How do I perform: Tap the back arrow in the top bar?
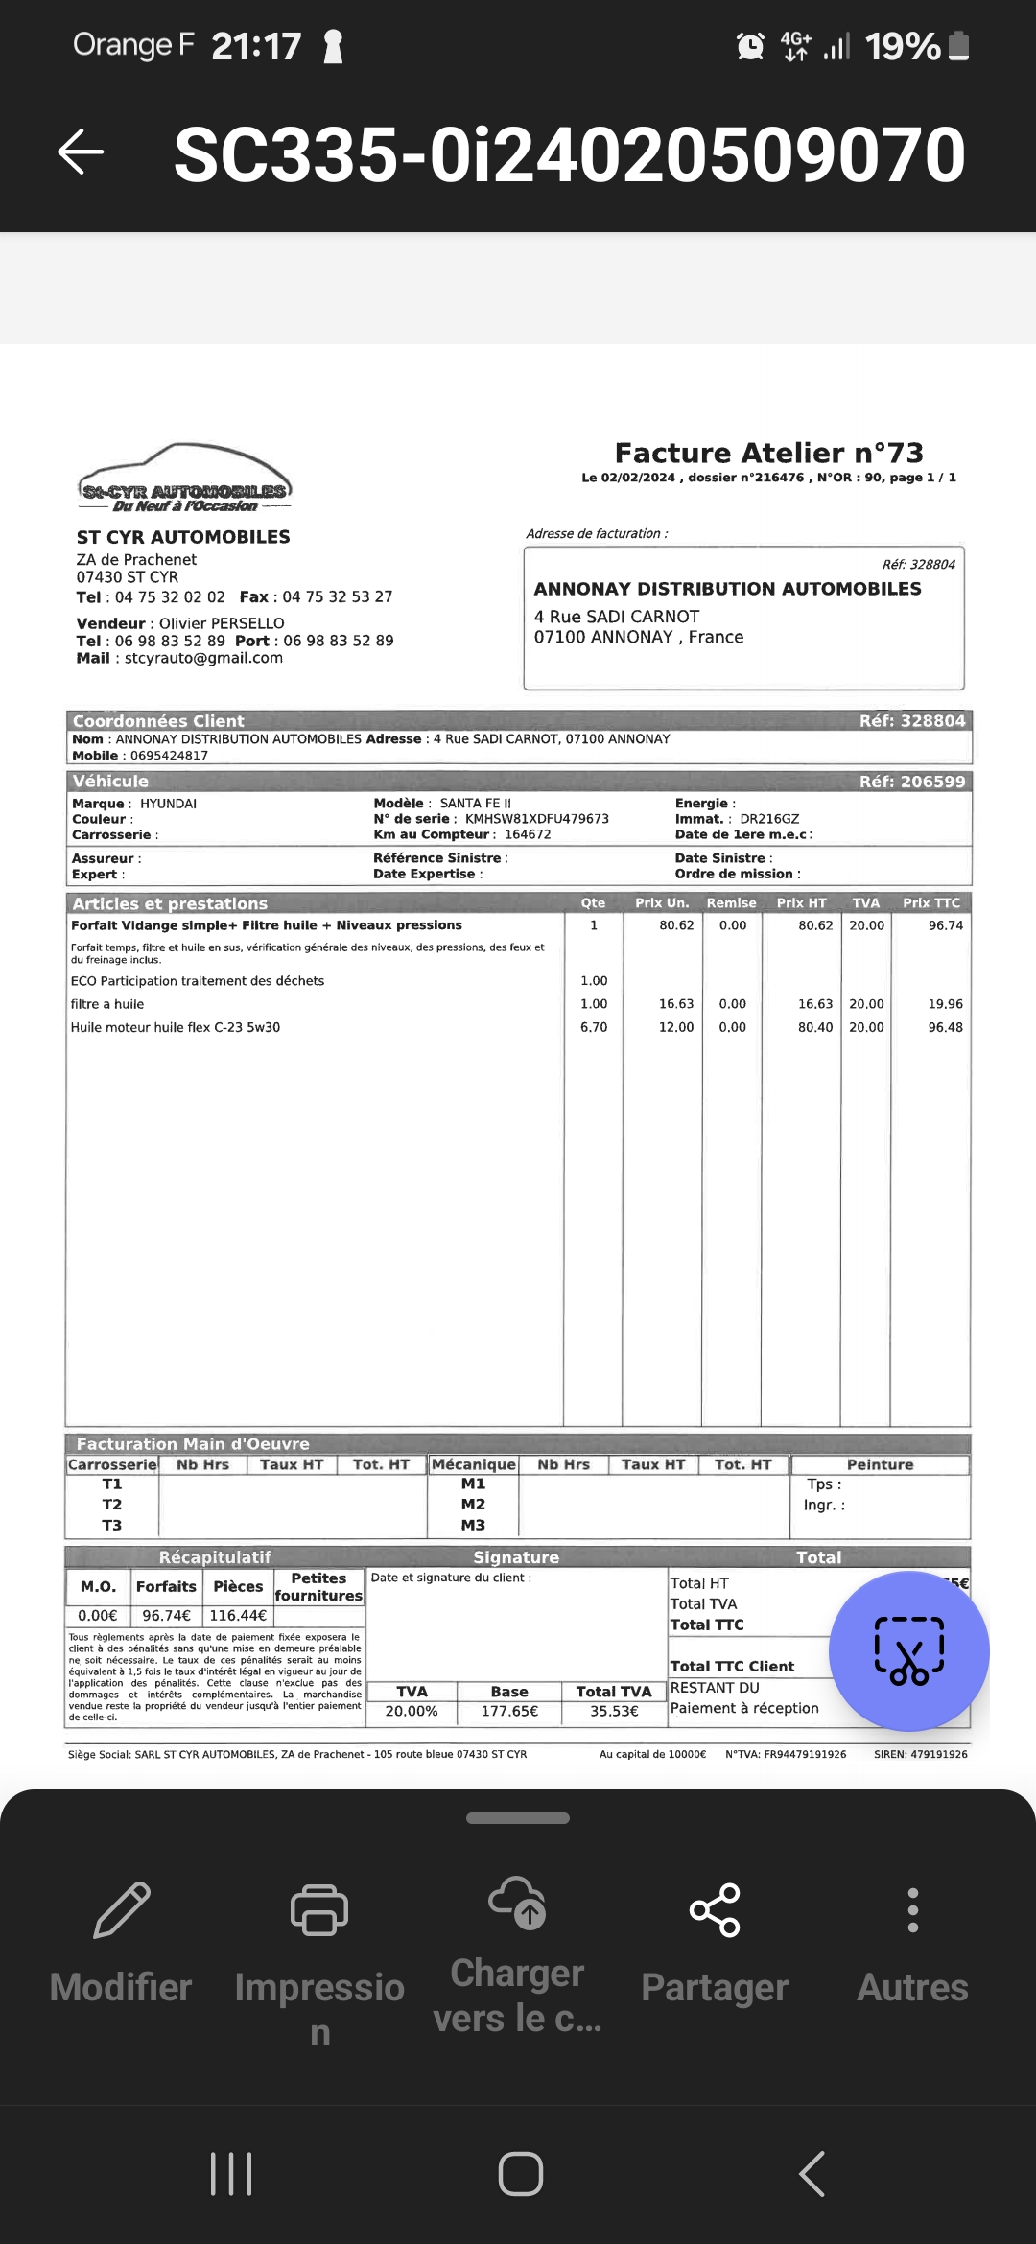81,152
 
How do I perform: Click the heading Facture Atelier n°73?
768,453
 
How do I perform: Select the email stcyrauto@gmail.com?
203,658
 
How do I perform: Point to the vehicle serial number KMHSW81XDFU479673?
536,819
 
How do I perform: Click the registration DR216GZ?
769,819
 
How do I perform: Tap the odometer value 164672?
528,834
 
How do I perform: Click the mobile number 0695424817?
169,755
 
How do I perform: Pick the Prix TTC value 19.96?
945,1004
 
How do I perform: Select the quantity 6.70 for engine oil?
594,1027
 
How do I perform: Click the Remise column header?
731,903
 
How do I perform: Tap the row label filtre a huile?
107,1004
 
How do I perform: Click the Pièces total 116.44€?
238,1616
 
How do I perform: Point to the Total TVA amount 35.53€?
614,1711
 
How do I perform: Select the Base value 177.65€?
509,1711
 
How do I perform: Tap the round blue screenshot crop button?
908,1650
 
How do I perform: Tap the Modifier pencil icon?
122,1910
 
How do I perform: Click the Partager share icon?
715,1910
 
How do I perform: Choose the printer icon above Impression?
319,1910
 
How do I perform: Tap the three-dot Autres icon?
912,1910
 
